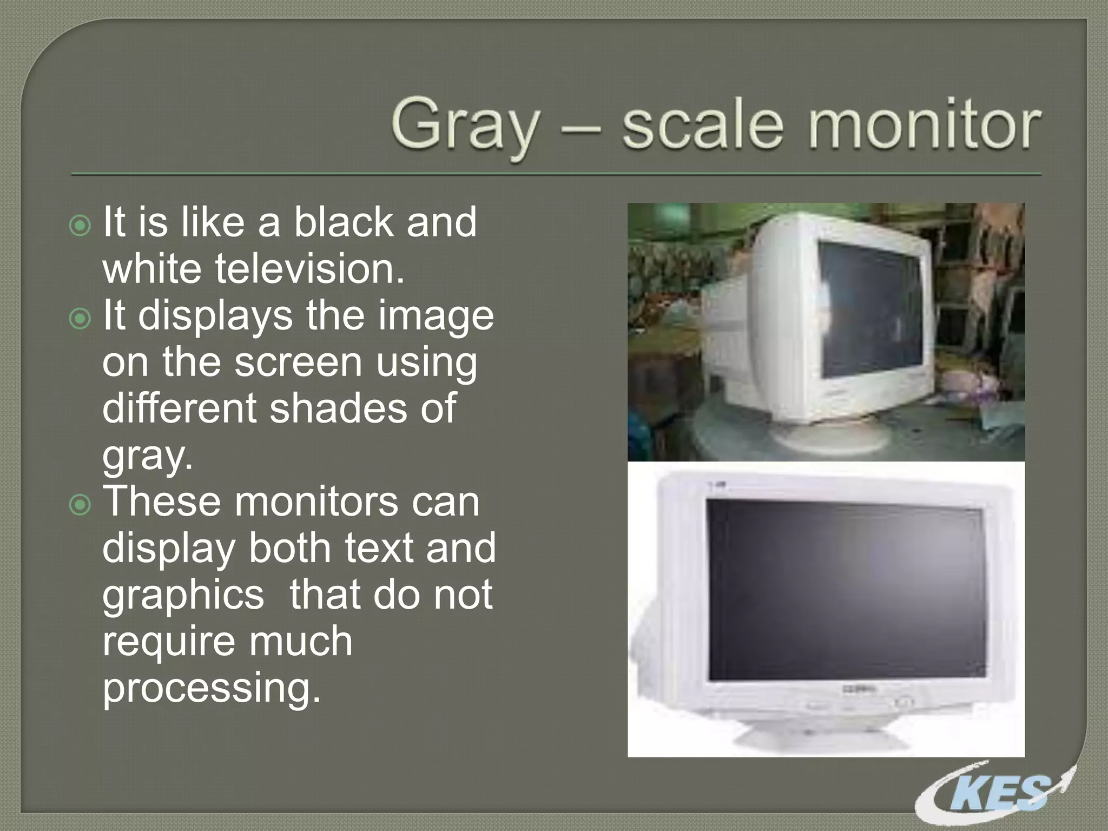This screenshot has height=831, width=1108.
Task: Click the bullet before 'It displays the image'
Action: click(81, 319)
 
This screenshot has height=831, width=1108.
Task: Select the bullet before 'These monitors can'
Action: click(81, 505)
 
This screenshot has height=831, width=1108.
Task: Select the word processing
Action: click(211, 687)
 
